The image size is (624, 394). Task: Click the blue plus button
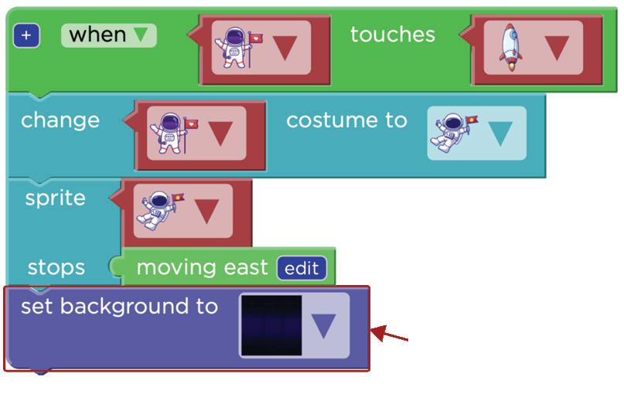pos(26,36)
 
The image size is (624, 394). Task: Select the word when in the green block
pos(97,35)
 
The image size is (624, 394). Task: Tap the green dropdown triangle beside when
pos(141,35)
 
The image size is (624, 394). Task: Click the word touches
pos(392,35)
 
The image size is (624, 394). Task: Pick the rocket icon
pos(510,48)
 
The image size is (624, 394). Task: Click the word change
pos(60,121)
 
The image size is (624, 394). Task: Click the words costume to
pos(346,121)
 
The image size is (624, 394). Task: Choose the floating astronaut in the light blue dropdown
pos(455,131)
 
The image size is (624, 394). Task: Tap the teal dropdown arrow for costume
pos(500,134)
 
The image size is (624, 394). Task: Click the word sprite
pos(55,198)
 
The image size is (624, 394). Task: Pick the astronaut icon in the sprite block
pos(160,209)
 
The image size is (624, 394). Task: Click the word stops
pos(56,268)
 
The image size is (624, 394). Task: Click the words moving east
pos(202,268)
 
